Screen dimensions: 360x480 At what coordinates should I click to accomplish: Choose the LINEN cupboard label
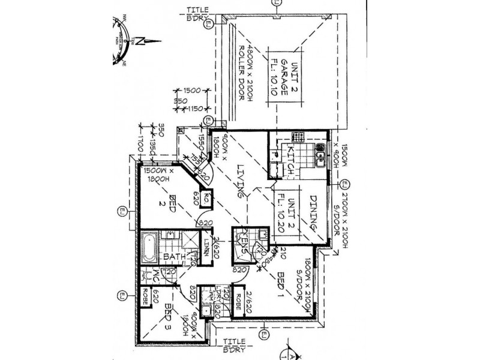click(206, 248)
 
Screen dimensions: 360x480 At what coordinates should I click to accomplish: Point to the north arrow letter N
click(139, 42)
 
